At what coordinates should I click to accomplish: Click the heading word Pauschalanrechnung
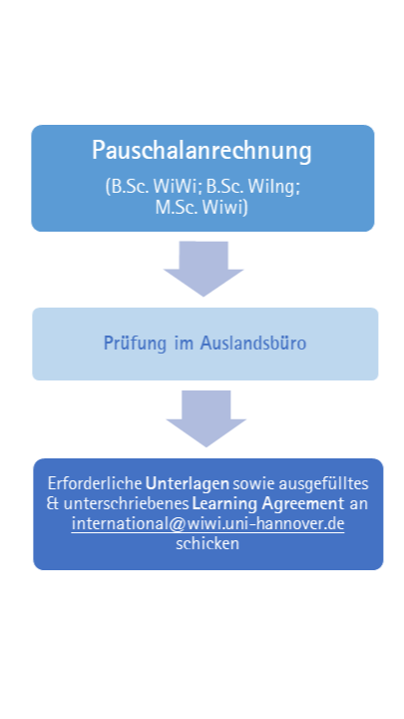(x=202, y=151)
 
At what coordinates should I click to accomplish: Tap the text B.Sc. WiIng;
(x=252, y=187)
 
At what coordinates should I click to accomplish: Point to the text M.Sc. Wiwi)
(x=202, y=208)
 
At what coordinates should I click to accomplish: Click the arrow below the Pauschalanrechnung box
(x=203, y=269)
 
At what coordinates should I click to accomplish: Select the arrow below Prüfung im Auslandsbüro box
(x=206, y=418)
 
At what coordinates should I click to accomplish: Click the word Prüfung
(x=135, y=344)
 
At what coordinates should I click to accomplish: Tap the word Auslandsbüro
(x=253, y=343)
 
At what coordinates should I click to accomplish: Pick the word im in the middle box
(x=184, y=344)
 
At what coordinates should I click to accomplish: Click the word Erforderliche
(x=96, y=483)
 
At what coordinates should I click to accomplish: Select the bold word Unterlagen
(x=188, y=484)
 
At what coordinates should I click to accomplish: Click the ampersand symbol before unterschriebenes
(x=53, y=504)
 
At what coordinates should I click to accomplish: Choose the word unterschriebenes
(x=126, y=504)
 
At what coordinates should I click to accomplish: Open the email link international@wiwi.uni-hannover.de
(x=207, y=523)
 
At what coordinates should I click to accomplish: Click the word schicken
(x=207, y=544)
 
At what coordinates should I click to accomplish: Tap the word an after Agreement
(x=359, y=504)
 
